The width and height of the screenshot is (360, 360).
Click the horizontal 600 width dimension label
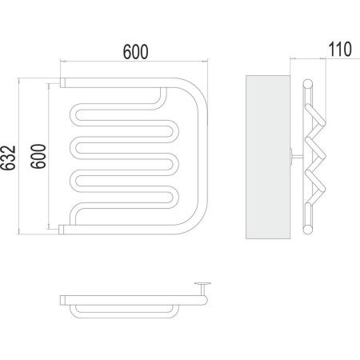point(135,52)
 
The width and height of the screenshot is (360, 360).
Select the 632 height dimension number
point(8,158)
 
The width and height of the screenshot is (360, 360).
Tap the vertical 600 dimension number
point(38,156)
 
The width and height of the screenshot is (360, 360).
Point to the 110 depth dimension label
point(340,50)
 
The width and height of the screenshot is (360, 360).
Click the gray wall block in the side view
point(268,157)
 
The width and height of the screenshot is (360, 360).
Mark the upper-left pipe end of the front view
point(62,82)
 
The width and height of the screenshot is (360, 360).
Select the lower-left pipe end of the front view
point(62,230)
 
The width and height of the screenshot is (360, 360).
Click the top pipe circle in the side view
point(308,83)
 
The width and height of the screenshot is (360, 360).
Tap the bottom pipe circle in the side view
point(308,230)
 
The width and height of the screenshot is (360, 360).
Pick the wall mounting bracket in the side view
point(295,157)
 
